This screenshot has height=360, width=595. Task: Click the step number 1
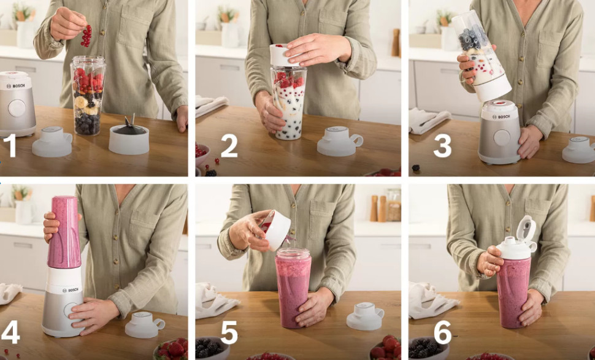pyautogui.click(x=10, y=145)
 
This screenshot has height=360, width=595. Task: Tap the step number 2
pyautogui.click(x=229, y=145)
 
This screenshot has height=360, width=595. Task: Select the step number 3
pyautogui.click(x=442, y=145)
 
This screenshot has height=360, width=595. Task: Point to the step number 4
pyautogui.click(x=10, y=332)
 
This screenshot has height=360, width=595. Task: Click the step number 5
pyautogui.click(x=229, y=332)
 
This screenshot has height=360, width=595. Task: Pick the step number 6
pyautogui.click(x=442, y=332)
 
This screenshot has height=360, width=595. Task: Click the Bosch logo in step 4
pyautogui.click(x=72, y=290)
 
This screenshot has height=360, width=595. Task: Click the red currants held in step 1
pyautogui.click(x=87, y=36)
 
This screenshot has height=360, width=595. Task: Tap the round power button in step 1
pyautogui.click(x=17, y=108)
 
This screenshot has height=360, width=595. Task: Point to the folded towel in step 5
pyautogui.click(x=215, y=301)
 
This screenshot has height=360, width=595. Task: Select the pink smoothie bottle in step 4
pyautogui.click(x=64, y=232)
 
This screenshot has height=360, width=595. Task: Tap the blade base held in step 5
pyautogui.click(x=275, y=230)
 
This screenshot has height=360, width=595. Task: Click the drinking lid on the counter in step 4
pyautogui.click(x=145, y=324)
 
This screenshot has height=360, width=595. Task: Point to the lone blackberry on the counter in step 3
pyautogui.click(x=416, y=167)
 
